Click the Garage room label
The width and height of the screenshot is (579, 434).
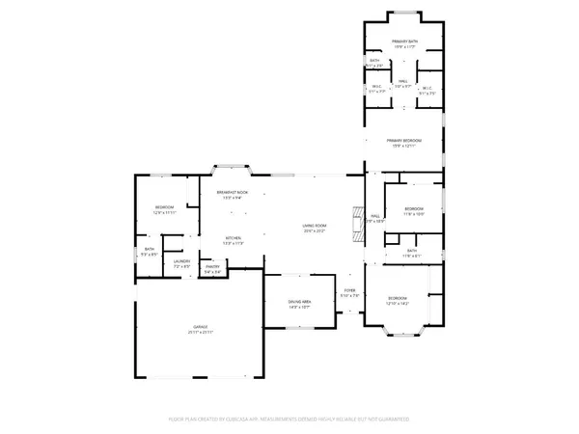pyautogui.click(x=200, y=328)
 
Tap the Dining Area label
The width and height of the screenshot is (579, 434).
pyautogui.click(x=299, y=303)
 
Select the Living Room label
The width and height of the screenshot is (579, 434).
pyautogui.click(x=316, y=227)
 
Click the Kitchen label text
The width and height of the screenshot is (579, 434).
pyautogui.click(x=234, y=238)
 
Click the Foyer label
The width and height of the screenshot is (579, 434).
pyautogui.click(x=350, y=290)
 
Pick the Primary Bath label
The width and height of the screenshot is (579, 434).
pyautogui.click(x=402, y=41)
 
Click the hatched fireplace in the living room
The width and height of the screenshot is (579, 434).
pyautogui.click(x=358, y=215)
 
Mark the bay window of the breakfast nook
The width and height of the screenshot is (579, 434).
pyautogui.click(x=233, y=170)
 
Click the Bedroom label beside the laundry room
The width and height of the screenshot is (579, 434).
pyautogui.click(x=163, y=207)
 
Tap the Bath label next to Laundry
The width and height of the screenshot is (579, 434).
pyautogui.click(x=150, y=250)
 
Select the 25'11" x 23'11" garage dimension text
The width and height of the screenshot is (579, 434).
pyautogui.click(x=200, y=333)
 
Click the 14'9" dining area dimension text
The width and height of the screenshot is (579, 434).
pyautogui.click(x=299, y=308)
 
